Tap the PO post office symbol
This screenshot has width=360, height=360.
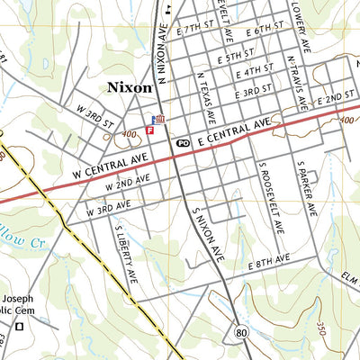(183, 142)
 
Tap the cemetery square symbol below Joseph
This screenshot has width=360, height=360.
(19, 326)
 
